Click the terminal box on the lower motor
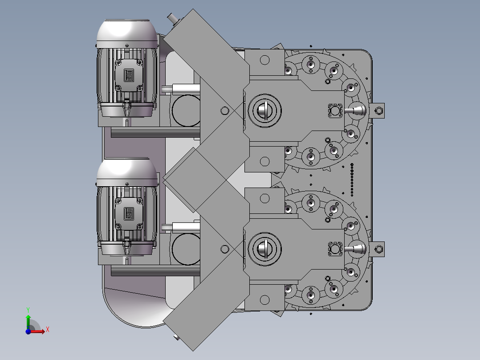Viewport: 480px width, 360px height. pos(129,214)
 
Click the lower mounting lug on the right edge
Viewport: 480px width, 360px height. pos(379,250)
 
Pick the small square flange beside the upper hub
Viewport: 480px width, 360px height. pos(335,110)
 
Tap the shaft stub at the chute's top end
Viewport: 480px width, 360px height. pos(171,19)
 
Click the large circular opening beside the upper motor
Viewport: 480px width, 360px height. pos(184,110)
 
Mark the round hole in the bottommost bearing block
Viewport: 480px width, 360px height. pos(264,299)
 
